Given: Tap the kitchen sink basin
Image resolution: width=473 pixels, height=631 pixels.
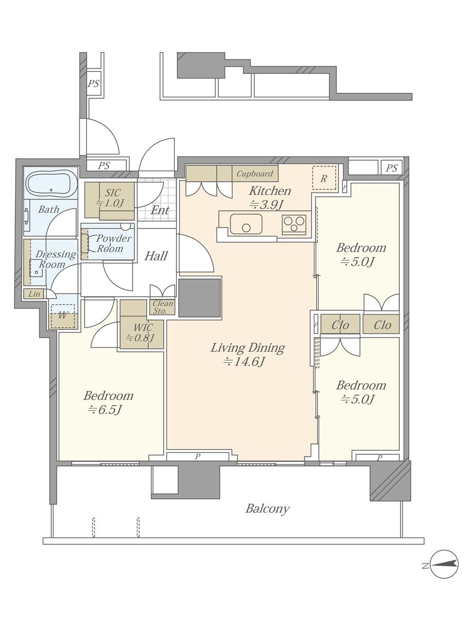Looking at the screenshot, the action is [x=246, y=224].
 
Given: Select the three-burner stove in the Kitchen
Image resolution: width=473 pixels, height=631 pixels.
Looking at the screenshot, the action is [x=294, y=223].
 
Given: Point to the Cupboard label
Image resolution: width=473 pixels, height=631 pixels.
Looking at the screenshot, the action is [x=255, y=174].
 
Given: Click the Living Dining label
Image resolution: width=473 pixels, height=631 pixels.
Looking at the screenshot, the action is [x=248, y=348].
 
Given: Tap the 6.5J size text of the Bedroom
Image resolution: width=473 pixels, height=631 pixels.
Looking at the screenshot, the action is [x=105, y=410].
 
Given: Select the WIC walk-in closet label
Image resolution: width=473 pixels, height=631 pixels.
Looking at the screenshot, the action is [x=143, y=327].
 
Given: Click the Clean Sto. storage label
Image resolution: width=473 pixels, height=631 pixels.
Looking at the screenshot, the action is [x=163, y=307].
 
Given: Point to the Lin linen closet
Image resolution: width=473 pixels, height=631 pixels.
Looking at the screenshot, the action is [x=34, y=294].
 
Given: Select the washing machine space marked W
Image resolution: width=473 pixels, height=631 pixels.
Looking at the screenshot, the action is [x=62, y=316].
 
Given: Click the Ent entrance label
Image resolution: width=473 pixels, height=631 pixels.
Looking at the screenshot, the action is [x=160, y=210].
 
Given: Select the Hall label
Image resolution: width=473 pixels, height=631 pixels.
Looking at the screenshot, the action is [x=156, y=256].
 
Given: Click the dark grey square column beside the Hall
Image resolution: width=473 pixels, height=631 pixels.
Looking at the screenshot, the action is [x=200, y=298].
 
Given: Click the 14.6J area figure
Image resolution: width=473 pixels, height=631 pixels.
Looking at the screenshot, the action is [x=244, y=362].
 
